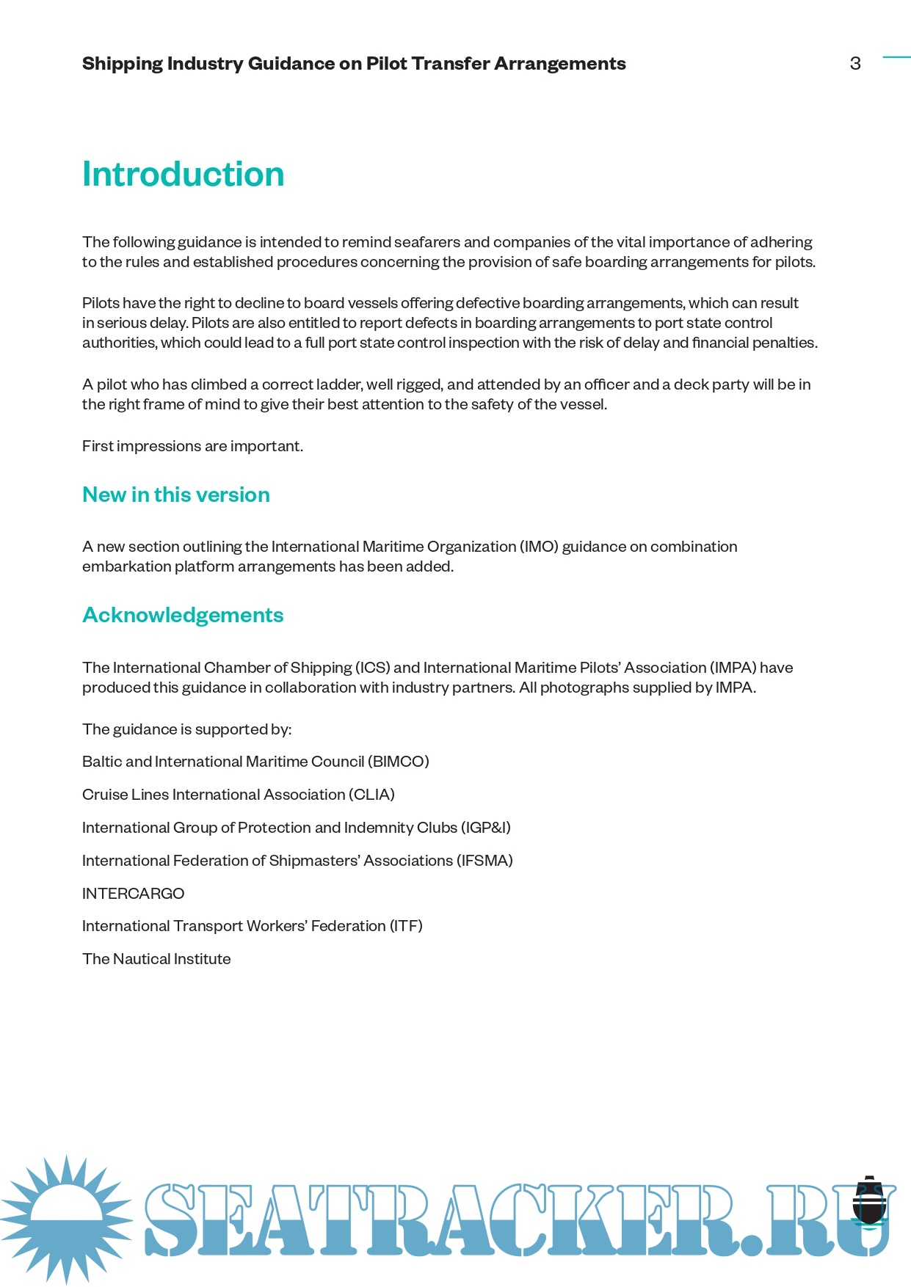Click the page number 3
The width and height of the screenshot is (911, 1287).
point(855,64)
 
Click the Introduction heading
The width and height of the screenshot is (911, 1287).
point(183,175)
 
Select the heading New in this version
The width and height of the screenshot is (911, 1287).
point(175,495)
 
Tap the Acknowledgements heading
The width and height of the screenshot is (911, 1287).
point(183,616)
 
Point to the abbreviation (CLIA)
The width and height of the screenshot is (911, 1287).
point(371,795)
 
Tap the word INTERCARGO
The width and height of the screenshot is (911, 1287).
point(133,894)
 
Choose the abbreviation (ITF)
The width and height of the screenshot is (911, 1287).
point(406,926)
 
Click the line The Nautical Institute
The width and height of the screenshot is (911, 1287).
point(156,959)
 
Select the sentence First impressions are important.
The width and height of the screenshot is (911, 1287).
point(192,446)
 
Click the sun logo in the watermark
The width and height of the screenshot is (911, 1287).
point(66,1219)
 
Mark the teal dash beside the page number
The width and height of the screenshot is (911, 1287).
point(896,56)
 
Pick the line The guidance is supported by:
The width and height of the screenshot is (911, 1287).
point(186,729)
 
